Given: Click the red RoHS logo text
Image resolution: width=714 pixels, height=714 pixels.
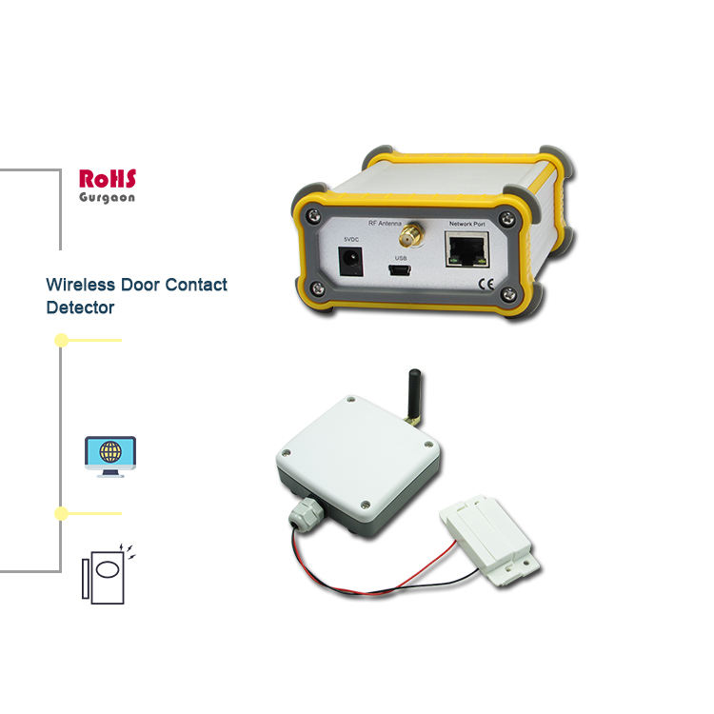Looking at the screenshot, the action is click(x=108, y=178).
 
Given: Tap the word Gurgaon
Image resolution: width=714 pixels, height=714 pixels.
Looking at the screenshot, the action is click(x=108, y=197).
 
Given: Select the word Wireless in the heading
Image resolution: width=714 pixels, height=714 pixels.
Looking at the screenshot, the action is click(x=81, y=285).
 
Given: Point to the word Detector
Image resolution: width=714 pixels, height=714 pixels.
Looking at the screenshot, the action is click(x=80, y=307).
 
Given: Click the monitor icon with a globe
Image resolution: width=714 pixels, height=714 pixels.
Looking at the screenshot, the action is click(x=109, y=456).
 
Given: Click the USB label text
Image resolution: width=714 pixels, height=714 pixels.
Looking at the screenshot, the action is click(x=401, y=257).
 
